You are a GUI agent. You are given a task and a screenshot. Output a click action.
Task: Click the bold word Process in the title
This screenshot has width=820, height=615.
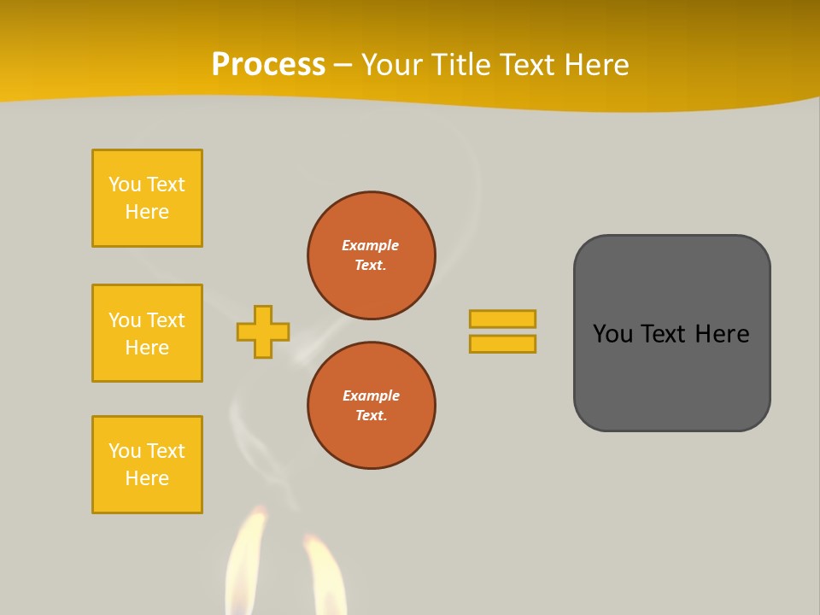click(x=268, y=65)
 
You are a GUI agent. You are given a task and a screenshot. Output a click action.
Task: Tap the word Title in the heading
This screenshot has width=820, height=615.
click(x=462, y=65)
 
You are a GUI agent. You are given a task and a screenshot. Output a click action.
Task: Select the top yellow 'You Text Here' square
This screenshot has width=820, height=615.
click(x=147, y=198)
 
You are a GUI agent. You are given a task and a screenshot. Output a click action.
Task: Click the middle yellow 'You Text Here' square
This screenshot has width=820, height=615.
click(x=147, y=333)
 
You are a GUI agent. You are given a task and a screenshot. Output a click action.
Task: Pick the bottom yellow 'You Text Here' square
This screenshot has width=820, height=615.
click(x=147, y=465)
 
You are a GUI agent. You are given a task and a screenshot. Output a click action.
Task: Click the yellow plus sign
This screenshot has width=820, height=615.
click(x=263, y=331)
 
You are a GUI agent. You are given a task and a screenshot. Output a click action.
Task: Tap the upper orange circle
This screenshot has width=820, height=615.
click(x=371, y=255)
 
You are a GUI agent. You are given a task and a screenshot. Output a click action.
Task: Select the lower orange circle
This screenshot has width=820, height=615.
click(x=371, y=405)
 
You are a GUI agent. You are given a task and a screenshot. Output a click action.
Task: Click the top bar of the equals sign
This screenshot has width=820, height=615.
click(x=502, y=319)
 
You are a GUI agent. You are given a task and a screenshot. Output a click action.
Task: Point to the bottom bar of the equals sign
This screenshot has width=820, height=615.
click(x=502, y=343)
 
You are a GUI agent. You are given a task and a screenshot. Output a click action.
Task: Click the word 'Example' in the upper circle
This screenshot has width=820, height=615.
click(x=371, y=245)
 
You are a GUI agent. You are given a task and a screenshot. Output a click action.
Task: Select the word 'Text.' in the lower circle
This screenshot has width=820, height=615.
click(x=371, y=415)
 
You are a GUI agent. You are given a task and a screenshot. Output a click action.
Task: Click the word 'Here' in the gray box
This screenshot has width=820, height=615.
click(x=723, y=334)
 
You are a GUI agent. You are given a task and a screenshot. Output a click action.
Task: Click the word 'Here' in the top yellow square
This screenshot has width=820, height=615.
click(x=147, y=212)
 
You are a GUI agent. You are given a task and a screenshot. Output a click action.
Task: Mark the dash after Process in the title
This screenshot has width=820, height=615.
click(x=343, y=66)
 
